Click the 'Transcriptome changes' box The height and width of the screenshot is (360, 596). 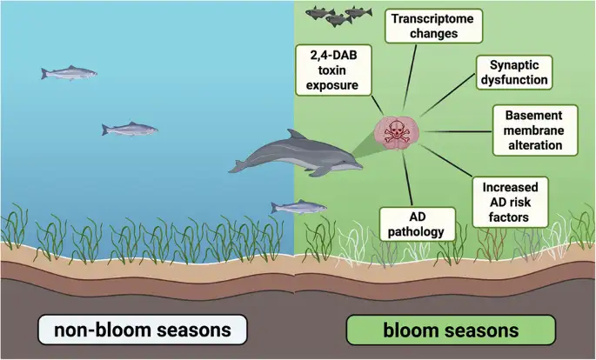[434, 26]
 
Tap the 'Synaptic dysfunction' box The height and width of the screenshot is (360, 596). [515, 72]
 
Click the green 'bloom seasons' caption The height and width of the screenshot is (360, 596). [452, 330]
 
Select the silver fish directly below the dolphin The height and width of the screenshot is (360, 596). [298, 207]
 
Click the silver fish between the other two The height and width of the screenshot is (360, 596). [130, 130]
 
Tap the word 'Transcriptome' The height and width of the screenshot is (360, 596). [434, 17]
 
